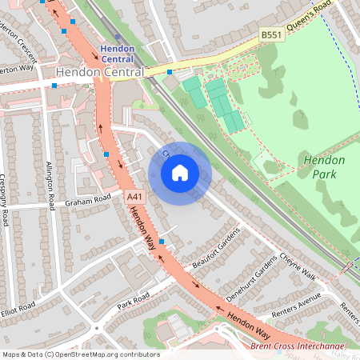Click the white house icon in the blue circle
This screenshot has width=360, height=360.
(x=180, y=173)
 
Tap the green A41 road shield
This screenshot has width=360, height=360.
(x=134, y=194)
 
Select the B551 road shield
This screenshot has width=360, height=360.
(x=271, y=36)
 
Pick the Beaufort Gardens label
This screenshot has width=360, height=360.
(x=215, y=252)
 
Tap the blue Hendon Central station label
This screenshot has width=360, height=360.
(x=117, y=54)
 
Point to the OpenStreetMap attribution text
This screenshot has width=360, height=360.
(x=80, y=354)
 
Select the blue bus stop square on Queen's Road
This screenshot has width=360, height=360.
(x=170, y=72)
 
